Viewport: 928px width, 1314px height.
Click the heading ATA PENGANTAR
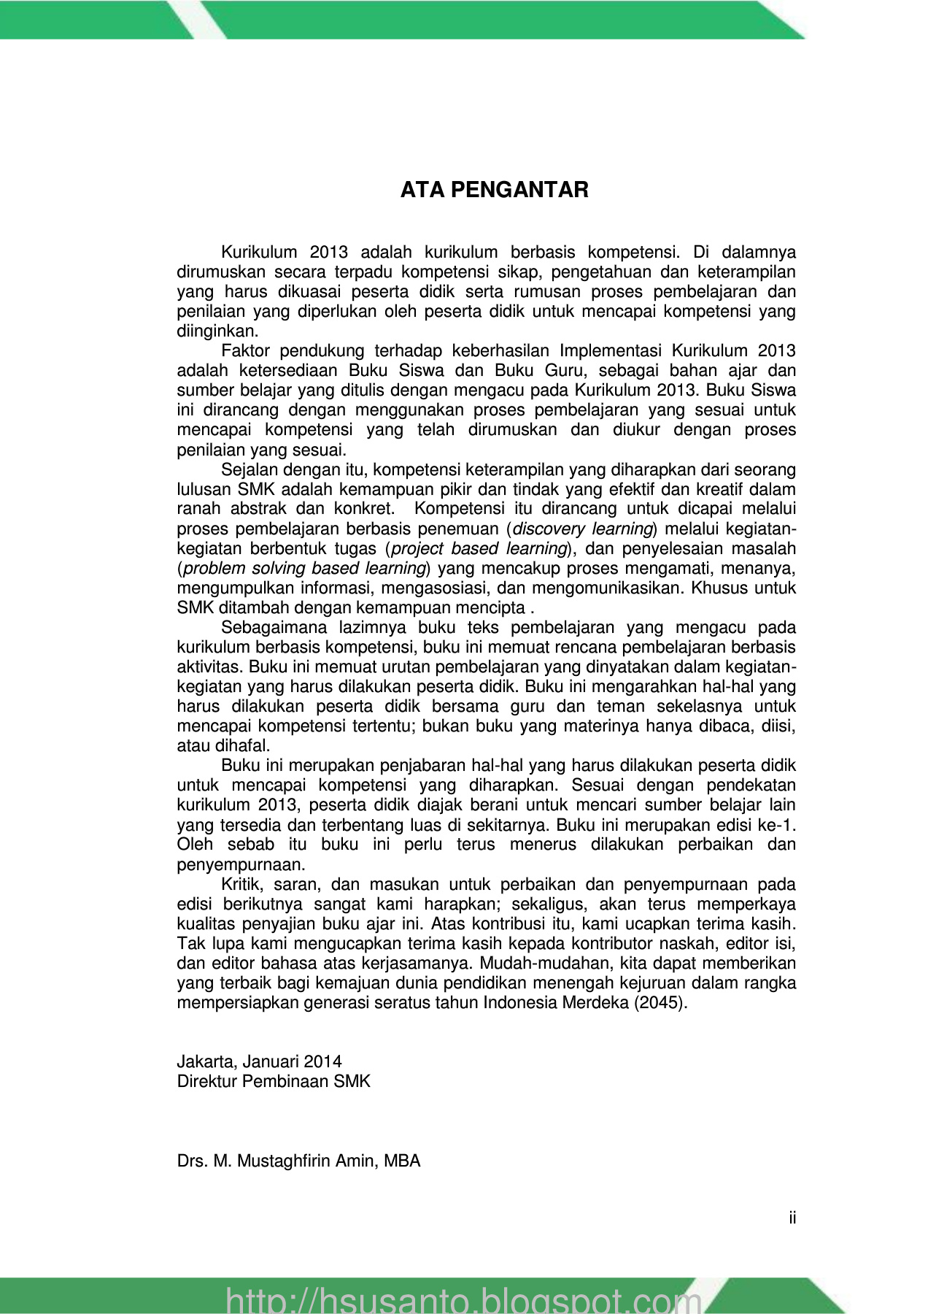click(494, 191)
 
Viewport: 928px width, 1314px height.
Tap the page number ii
click(792, 1218)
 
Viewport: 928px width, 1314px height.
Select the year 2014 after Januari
click(323, 1061)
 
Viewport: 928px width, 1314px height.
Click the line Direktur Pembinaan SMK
click(274, 1081)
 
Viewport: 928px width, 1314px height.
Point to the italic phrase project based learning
click(479, 548)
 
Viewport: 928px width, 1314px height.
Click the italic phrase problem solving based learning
click(304, 568)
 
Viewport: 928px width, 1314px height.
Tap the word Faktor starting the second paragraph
click(245, 351)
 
